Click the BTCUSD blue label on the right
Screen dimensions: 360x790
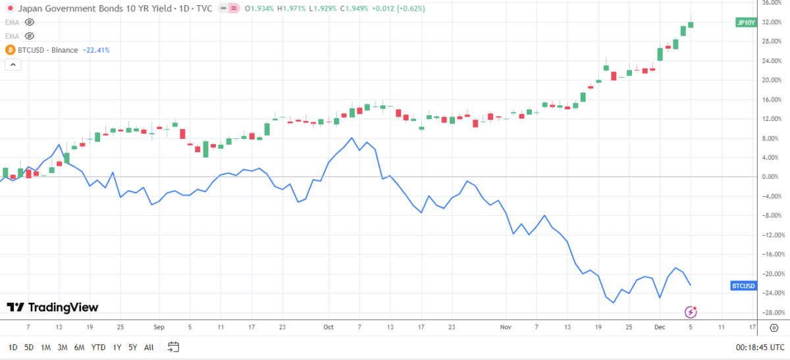pos(745,286)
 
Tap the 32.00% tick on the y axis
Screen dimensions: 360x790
pos(772,22)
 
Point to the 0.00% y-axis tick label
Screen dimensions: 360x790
pos(772,177)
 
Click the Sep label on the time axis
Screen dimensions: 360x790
pos(158,326)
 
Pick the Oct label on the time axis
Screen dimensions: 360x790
pos(329,326)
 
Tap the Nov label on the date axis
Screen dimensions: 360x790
pos(506,326)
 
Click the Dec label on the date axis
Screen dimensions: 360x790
pos(659,326)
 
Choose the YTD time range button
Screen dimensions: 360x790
pos(98,347)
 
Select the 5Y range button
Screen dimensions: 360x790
pos(132,347)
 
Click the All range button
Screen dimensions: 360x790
pos(149,347)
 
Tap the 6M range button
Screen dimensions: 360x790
pos(79,347)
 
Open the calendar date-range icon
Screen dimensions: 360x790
pos(174,347)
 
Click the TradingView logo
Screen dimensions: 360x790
pos(52,307)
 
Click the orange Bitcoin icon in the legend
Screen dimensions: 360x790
pos(10,50)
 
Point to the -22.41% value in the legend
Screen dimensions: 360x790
pos(96,50)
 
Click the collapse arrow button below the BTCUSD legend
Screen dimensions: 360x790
pos(13,64)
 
